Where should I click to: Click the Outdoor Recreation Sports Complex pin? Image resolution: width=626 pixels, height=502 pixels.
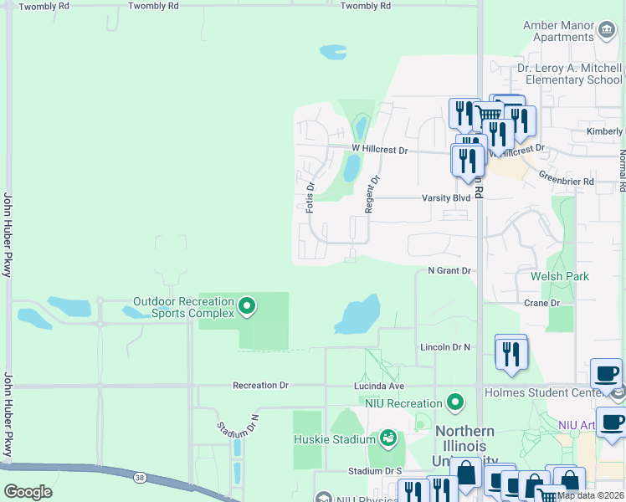point(247,307)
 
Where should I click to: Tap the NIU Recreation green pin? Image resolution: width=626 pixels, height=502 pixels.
point(455,404)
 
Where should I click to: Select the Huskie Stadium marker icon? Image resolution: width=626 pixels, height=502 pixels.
point(387,438)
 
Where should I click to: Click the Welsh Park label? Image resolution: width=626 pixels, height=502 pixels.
point(560,276)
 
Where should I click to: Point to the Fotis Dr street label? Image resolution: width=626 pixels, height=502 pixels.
point(310,197)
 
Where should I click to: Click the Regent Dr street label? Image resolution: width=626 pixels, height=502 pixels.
point(369,192)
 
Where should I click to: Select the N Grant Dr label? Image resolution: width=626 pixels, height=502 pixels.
point(449,271)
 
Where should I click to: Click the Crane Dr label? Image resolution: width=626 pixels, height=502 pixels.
point(541,303)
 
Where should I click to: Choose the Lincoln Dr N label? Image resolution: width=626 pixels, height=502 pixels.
point(444,346)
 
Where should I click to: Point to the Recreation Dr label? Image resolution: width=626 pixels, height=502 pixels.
point(260,386)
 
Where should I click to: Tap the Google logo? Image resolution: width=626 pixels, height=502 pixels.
point(28,492)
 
